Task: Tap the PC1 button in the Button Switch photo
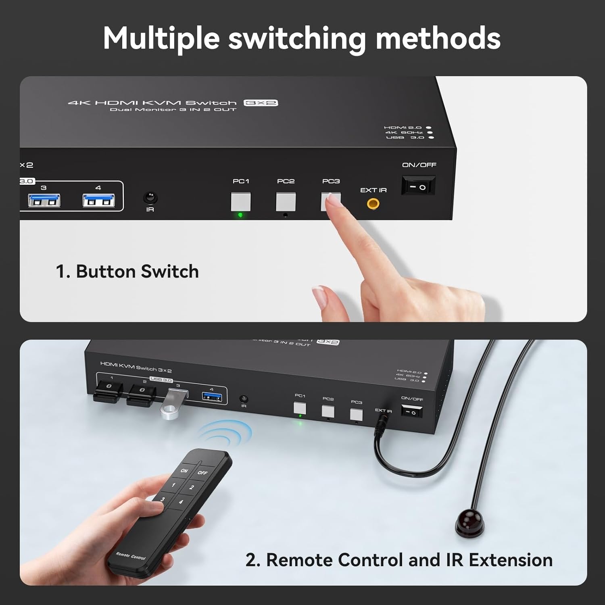point(241,202)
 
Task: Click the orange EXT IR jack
point(373,204)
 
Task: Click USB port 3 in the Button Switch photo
point(44,200)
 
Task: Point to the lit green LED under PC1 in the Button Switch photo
point(241,215)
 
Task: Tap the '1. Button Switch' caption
point(127,271)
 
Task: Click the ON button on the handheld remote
point(184,470)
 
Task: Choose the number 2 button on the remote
point(192,487)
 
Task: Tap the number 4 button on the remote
point(181,502)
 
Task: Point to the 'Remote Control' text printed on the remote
point(130,556)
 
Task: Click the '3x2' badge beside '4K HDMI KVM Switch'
point(261,103)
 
